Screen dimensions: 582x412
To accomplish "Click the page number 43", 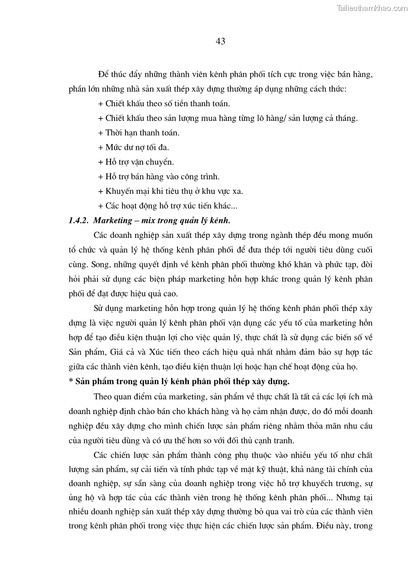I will click(x=220, y=41).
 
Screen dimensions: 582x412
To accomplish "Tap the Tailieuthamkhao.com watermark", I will click(x=372, y=8).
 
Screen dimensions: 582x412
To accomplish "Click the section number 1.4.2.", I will click(x=78, y=220).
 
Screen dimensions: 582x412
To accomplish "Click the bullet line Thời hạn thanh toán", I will click(x=139, y=133).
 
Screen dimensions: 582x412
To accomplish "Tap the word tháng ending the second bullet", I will click(x=346, y=118).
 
